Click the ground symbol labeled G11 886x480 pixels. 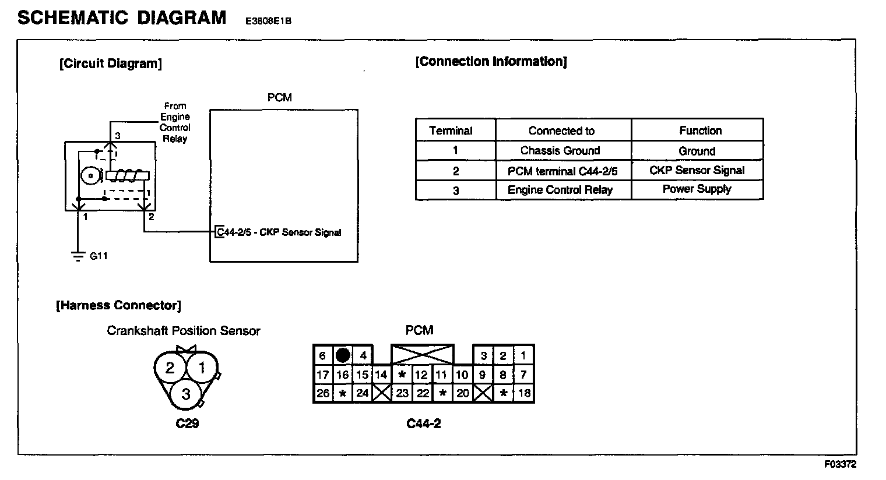click(77, 256)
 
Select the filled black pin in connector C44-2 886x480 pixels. click(343, 355)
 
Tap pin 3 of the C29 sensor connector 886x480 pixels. click(186, 394)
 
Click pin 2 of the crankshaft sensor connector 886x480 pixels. click(170, 368)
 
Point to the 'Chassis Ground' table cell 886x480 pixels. click(560, 151)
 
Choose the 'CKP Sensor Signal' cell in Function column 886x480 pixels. click(697, 171)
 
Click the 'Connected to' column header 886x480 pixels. click(561, 131)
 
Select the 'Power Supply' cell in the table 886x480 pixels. click(697, 189)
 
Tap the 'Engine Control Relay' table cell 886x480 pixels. click(560, 190)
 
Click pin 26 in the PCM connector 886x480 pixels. click(323, 393)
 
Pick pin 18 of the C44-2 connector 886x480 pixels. click(524, 393)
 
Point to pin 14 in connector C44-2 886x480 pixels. click(381, 375)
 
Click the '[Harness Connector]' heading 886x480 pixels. click(118, 305)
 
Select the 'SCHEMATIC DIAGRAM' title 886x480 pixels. click(122, 18)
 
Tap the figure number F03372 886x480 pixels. click(840, 464)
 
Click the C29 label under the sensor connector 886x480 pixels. click(187, 423)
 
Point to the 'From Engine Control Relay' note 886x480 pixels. click(175, 122)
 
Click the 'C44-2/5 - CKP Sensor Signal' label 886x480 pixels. click(279, 232)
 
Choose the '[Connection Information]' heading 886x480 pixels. click(491, 62)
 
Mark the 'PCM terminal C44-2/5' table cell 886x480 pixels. click(562, 171)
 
